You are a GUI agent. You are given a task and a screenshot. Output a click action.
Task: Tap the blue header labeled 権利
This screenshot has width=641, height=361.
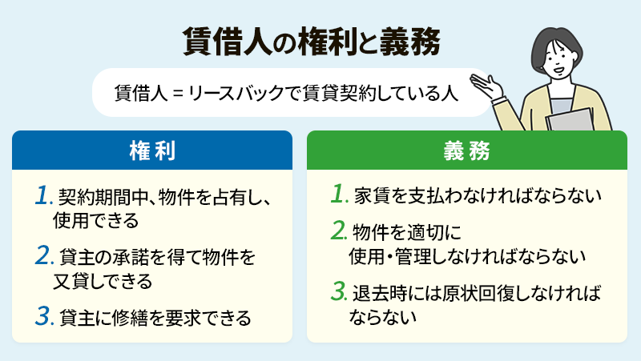point(152,150)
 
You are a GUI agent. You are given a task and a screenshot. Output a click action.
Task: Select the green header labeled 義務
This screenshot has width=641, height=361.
point(466,150)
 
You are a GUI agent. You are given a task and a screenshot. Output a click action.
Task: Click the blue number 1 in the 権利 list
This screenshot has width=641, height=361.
point(44,196)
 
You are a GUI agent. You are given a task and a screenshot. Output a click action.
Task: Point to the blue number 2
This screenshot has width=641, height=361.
point(45,257)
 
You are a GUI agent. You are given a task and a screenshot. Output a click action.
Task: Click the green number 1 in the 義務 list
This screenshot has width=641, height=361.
point(340,195)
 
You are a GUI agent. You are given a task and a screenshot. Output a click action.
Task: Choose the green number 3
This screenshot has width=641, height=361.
point(340,291)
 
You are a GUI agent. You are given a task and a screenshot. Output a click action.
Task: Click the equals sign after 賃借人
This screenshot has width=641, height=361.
point(178,93)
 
